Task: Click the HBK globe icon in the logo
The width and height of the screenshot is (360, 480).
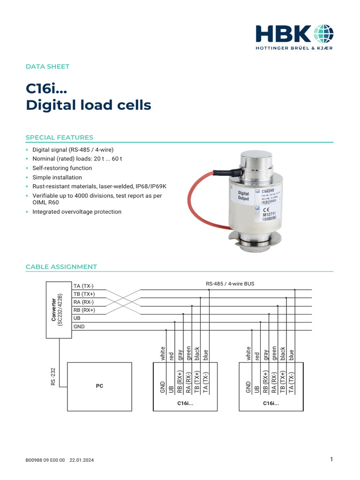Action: [322, 33]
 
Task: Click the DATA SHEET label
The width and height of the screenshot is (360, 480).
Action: [47, 67]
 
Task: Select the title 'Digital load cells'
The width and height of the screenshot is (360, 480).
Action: [88, 105]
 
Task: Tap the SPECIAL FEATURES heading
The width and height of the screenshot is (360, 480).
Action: [59, 137]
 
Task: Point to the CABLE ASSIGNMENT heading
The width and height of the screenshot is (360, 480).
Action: [61, 267]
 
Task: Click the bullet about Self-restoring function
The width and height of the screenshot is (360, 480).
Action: [62, 168]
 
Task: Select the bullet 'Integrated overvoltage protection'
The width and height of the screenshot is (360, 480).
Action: [76, 212]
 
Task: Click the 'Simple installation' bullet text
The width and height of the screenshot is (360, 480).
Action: [57, 177]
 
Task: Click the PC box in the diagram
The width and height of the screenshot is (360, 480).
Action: [99, 386]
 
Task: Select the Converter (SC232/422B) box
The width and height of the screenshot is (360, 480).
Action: [58, 310]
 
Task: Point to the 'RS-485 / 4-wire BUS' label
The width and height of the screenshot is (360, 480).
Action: [230, 284]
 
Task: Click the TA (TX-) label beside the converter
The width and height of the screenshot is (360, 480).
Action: [84, 286]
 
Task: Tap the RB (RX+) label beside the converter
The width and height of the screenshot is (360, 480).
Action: [84, 310]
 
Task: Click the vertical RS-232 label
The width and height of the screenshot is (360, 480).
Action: [53, 376]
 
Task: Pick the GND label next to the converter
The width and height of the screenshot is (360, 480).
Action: [79, 326]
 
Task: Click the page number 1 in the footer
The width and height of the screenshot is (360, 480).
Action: [331, 460]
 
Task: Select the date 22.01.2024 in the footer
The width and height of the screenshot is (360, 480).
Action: [82, 461]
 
